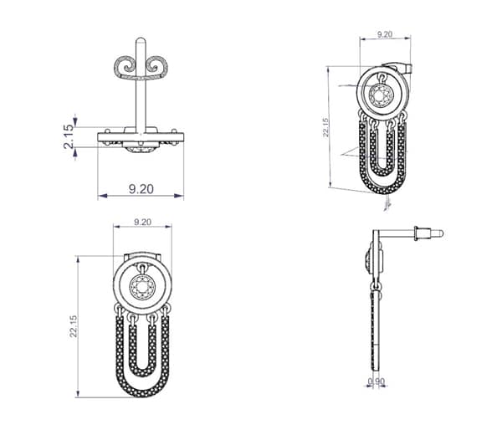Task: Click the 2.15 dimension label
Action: tap(69, 136)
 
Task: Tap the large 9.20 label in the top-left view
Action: tap(141, 189)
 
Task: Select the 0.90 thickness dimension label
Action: tap(376, 381)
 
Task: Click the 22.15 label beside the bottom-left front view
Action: tap(74, 326)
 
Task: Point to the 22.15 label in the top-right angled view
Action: tap(325, 127)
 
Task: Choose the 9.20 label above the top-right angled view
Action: tap(385, 34)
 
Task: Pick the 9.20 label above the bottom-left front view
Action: tap(142, 222)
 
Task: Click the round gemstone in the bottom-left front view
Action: tap(142, 287)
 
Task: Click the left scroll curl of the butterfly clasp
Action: tap(126, 66)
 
